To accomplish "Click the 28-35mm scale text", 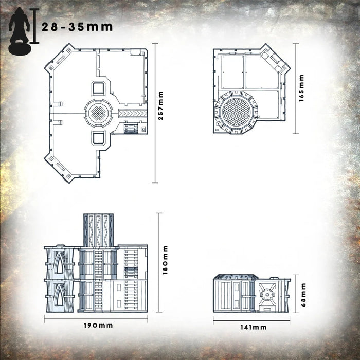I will (x=77, y=27).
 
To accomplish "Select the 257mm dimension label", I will (x=160, y=113).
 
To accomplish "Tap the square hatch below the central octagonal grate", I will (x=98, y=137).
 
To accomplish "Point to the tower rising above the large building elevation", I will (x=98, y=229).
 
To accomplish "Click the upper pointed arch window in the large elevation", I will (x=60, y=265).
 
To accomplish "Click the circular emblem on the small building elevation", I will (x=266, y=295).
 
